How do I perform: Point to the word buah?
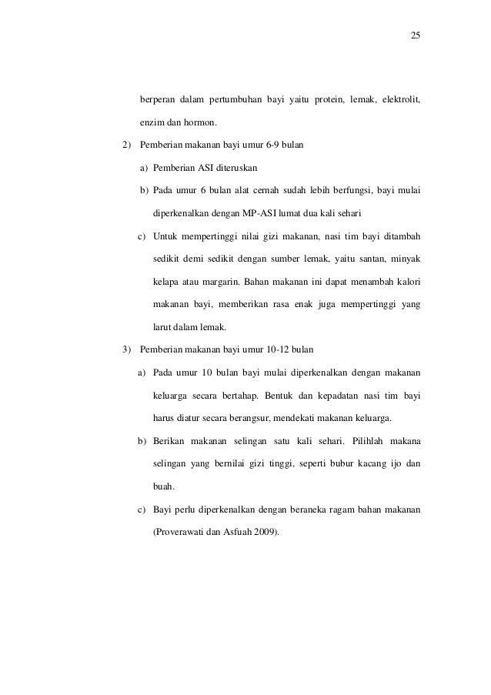pos(162,485)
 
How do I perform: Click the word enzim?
pos(150,123)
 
